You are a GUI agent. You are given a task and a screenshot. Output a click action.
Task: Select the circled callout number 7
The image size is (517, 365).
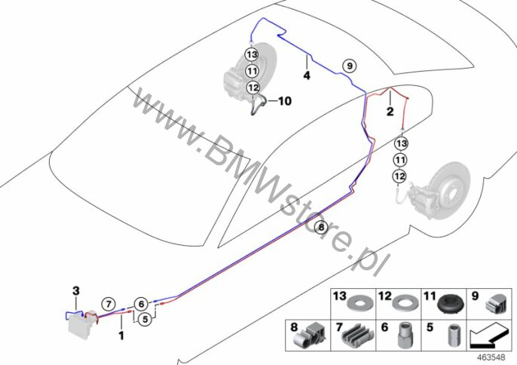click(x=108, y=304)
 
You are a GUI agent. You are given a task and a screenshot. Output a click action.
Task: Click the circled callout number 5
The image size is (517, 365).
click(x=146, y=318)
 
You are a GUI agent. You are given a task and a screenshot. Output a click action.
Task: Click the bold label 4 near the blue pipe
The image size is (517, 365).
click(x=307, y=75)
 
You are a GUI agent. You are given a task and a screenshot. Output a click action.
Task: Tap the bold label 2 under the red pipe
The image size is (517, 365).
click(x=390, y=112)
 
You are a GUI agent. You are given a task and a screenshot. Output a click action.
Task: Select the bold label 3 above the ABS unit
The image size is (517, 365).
click(x=75, y=290)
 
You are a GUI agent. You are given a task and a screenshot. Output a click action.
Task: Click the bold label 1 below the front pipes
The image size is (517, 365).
click(x=120, y=335)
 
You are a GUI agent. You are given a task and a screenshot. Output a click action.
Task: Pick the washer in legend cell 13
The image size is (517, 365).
click(x=356, y=305)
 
